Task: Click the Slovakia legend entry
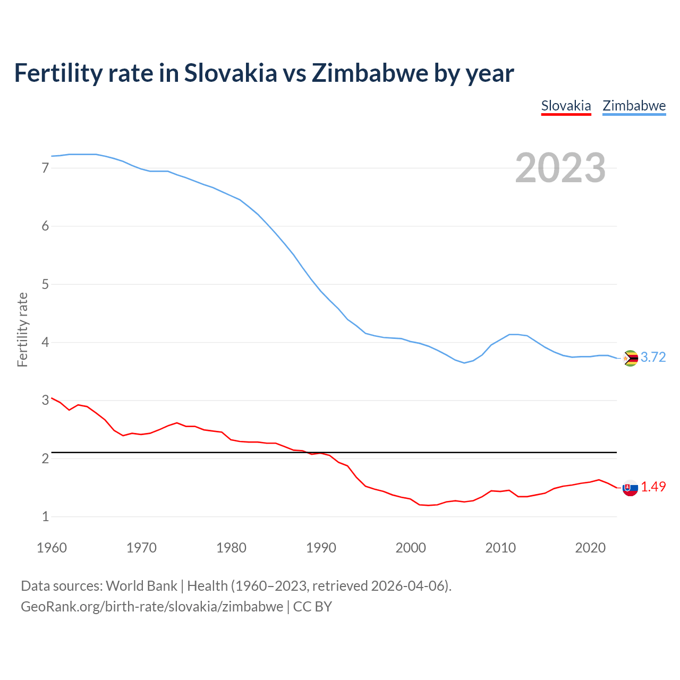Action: click(566, 106)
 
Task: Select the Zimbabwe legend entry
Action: click(634, 106)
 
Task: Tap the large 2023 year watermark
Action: click(560, 168)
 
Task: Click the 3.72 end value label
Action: click(653, 357)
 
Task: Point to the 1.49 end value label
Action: click(653, 487)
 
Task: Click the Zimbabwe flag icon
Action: click(630, 358)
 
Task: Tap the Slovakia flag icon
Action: click(630, 488)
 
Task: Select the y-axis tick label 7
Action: click(45, 168)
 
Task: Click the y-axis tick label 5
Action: click(45, 284)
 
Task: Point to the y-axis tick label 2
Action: click(45, 458)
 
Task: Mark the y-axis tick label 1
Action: click(45, 516)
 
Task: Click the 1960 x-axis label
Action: click(52, 548)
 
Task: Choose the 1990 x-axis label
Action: click(321, 548)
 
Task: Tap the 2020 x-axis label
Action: click(590, 548)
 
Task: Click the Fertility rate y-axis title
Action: click(22, 329)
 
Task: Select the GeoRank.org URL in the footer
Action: click(152, 607)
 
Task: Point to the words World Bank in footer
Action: click(141, 586)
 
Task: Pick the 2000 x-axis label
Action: click(411, 548)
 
